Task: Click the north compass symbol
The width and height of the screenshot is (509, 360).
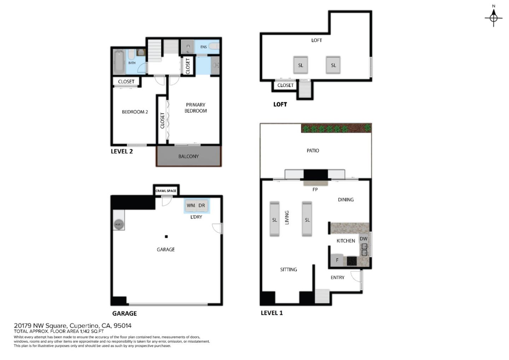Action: [493, 16]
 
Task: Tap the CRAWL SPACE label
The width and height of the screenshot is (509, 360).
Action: [166, 191]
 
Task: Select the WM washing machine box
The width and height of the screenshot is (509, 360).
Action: [191, 205]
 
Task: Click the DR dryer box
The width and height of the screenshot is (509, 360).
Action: [202, 205]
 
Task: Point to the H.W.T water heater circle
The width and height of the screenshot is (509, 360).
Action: [118, 225]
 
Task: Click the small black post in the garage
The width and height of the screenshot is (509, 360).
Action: [166, 237]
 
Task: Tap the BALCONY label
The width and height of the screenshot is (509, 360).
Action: [188, 156]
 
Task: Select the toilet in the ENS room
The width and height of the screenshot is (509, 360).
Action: [214, 46]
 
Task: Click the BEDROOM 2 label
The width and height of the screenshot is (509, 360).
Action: [135, 112]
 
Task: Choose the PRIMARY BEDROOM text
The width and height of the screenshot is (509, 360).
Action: [195, 108]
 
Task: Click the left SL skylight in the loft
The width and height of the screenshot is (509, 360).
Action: [300, 65]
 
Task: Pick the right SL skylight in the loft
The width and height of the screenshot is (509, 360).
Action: [333, 65]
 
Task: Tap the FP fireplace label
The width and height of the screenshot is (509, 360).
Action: [315, 190]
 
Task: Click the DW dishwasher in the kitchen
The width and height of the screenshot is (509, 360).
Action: [363, 239]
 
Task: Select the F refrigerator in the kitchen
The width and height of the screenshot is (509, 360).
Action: [337, 260]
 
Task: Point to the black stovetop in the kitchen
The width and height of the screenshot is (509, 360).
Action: [352, 261]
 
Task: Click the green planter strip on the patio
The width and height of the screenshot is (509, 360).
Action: [336, 128]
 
